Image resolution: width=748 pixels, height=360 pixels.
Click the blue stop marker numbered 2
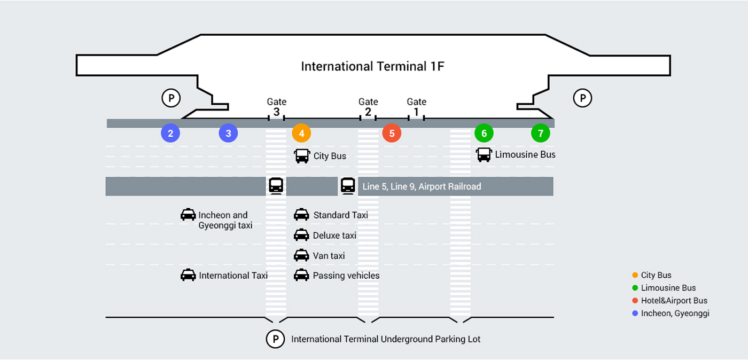[x=170, y=133]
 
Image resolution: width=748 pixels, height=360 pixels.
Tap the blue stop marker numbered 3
[x=228, y=133]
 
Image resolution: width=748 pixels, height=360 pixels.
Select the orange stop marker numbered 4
[x=301, y=133]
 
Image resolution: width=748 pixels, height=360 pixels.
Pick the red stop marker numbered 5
[x=392, y=133]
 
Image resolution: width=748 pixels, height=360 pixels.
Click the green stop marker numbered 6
[x=484, y=133]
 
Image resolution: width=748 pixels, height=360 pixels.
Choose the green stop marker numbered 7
[x=540, y=133]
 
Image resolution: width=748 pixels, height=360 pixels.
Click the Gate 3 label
[x=276, y=107]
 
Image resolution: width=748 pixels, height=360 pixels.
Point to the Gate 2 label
[x=368, y=107]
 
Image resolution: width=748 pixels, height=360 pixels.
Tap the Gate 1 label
[x=417, y=107]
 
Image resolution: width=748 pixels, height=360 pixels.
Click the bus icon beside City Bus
[x=302, y=156]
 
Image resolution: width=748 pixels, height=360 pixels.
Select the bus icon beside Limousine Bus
[x=484, y=155]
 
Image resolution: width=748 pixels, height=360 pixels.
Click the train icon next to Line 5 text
[x=348, y=186]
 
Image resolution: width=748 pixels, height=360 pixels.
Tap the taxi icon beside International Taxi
[x=188, y=275]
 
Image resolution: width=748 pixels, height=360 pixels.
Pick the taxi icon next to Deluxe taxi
[x=301, y=235]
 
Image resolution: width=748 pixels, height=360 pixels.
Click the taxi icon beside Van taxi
[x=301, y=255]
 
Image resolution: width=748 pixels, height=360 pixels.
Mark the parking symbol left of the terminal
[x=171, y=98]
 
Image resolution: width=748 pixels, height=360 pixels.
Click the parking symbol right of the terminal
[x=582, y=98]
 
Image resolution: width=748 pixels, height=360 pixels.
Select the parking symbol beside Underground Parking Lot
[x=275, y=339]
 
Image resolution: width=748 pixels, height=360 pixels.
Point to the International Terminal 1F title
[x=373, y=66]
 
